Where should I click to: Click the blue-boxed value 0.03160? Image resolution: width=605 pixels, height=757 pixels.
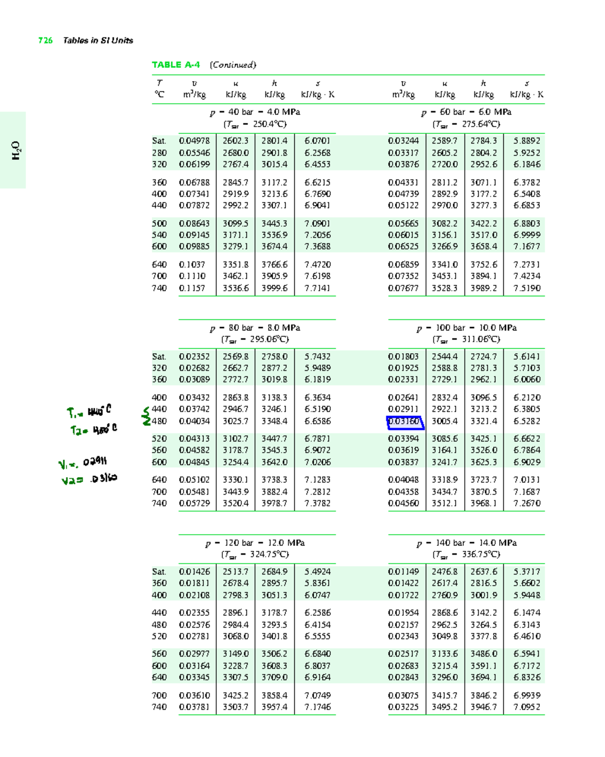(404, 421)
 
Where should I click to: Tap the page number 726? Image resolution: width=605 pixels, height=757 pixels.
(45, 40)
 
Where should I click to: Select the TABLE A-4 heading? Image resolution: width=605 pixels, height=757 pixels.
(175, 65)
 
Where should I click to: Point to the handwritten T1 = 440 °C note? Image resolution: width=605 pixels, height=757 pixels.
(89, 412)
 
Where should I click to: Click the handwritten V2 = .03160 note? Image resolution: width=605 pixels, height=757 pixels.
(89, 479)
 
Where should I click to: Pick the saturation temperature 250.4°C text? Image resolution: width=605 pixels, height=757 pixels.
(255, 124)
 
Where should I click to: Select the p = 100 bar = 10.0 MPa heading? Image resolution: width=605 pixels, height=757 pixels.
(467, 328)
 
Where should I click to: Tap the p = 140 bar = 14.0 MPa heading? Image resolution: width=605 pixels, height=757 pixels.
(467, 543)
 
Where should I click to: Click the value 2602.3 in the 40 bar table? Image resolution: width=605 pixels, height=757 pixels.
(235, 141)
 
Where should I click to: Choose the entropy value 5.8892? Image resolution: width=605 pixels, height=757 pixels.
(526, 141)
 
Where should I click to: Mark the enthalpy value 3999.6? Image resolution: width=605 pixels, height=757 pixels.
(274, 288)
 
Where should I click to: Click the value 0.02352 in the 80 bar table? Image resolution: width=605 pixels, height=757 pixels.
(194, 356)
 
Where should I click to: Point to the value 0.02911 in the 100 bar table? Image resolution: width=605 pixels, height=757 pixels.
(403, 409)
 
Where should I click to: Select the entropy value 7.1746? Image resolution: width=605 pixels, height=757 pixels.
(317, 707)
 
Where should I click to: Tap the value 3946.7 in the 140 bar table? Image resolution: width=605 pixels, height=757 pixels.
(483, 707)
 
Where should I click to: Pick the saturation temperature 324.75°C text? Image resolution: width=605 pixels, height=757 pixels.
(255, 554)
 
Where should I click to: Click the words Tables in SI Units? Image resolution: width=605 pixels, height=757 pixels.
(98, 40)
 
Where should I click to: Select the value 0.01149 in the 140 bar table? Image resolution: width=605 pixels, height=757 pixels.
(403, 572)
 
